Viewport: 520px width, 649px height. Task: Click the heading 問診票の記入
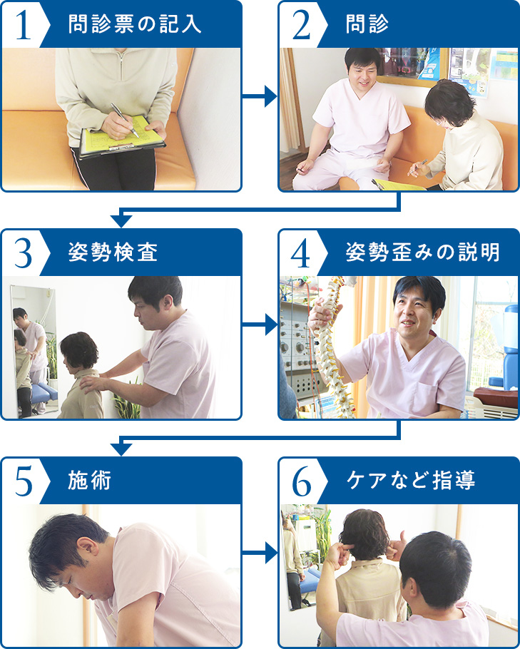135,25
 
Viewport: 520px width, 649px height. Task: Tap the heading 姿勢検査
113,253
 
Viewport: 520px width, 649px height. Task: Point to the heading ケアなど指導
411,481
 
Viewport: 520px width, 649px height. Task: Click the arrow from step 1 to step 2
260,96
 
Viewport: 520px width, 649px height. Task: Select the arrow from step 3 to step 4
260,324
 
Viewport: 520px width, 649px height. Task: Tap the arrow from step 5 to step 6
260,553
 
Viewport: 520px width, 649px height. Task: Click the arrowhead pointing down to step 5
121,449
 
